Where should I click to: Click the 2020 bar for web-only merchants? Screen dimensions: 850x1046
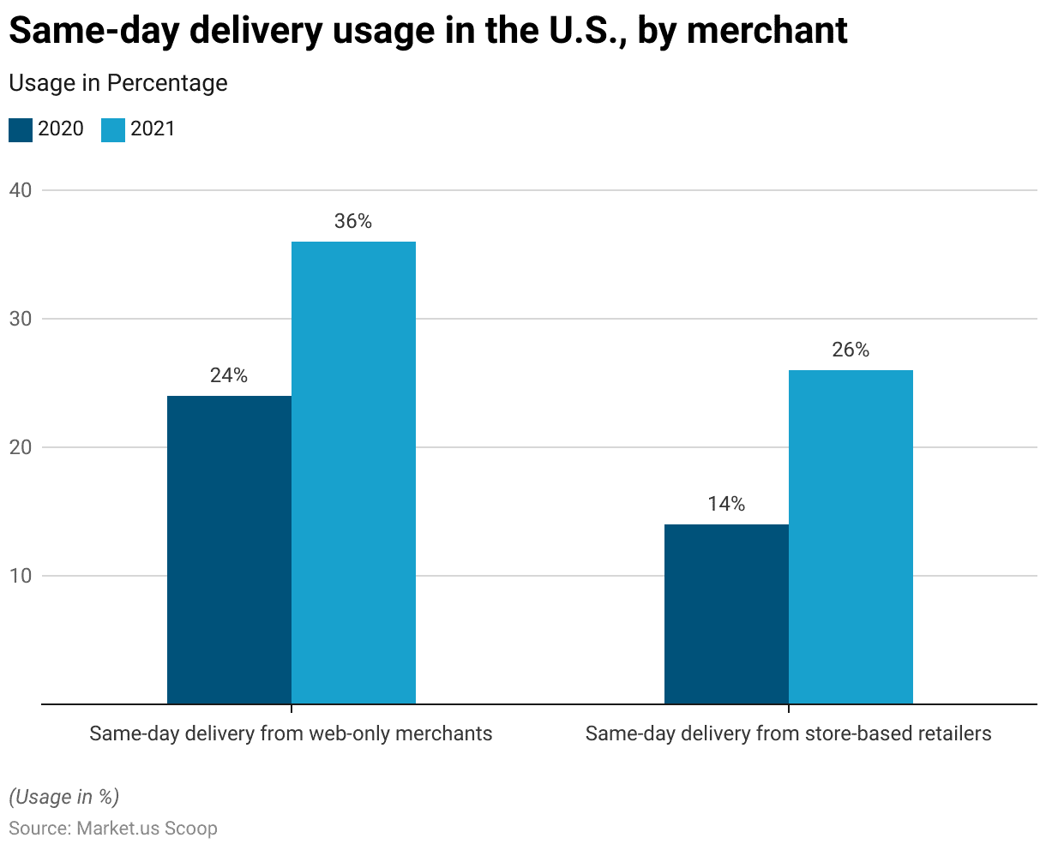click(x=229, y=549)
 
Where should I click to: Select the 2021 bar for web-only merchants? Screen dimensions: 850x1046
click(x=353, y=472)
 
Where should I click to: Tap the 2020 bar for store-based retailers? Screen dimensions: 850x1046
click(x=726, y=614)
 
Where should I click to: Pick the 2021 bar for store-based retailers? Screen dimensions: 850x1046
click(x=851, y=536)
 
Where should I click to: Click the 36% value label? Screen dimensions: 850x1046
click(x=353, y=221)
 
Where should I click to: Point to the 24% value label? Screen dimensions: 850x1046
click(x=229, y=375)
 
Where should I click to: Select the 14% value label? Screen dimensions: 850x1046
click(x=726, y=504)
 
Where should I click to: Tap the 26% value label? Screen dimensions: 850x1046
click(x=851, y=350)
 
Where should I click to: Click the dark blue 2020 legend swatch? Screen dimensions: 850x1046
click(x=21, y=129)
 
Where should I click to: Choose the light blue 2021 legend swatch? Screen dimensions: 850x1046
click(x=113, y=129)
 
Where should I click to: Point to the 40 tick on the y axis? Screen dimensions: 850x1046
click(x=21, y=190)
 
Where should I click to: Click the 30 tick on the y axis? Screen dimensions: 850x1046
click(x=21, y=319)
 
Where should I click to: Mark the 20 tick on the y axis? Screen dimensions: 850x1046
click(x=21, y=447)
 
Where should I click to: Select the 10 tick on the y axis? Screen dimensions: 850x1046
click(x=21, y=576)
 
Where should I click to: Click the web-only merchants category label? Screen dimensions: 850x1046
click(x=291, y=733)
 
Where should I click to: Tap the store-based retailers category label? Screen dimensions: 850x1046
click(x=788, y=733)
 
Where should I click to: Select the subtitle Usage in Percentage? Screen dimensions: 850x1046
click(x=118, y=83)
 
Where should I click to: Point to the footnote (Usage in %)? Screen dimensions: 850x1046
click(x=63, y=797)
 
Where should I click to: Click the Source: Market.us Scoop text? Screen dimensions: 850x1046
click(x=113, y=829)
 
